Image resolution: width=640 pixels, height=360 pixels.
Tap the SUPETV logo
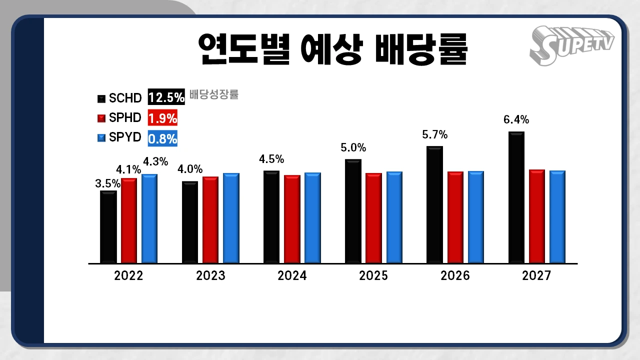click(571, 45)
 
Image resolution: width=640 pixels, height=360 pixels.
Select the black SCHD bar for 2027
click(516, 197)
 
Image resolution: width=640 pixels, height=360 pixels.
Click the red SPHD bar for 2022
click(128, 220)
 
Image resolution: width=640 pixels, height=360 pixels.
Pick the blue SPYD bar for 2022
click(149, 218)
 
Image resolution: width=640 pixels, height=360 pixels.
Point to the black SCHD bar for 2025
click(353, 211)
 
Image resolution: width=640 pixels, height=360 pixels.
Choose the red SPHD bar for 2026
click(455, 217)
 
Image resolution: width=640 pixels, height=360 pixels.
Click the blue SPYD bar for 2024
click(312, 217)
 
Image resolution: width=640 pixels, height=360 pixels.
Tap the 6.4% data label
click(516, 120)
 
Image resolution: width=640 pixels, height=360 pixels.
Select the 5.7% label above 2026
click(434, 135)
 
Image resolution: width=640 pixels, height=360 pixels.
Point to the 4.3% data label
click(155, 162)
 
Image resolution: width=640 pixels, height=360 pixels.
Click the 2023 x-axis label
click(210, 275)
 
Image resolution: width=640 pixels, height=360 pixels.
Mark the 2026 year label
click(455, 275)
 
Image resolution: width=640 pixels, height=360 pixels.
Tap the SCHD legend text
click(125, 98)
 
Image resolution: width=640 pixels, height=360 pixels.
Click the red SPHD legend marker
click(101, 118)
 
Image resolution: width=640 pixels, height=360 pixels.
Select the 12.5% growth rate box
click(166, 97)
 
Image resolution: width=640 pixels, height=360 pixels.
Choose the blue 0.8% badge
click(162, 138)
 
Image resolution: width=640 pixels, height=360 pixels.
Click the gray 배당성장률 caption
click(214, 94)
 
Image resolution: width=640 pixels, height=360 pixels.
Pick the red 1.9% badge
click(162, 118)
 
